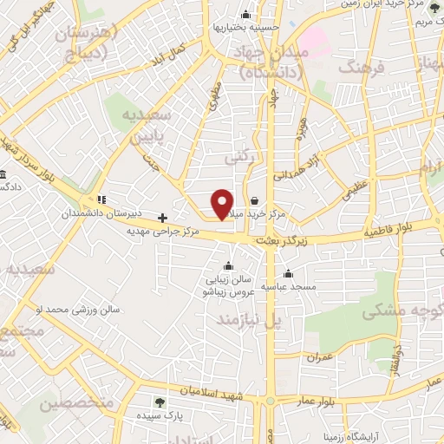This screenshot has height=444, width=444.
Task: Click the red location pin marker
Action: pyautogui.click(x=222, y=203)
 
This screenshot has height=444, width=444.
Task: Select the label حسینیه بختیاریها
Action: pyautogui.click(x=245, y=27)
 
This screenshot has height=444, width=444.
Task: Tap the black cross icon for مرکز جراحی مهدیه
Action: pyautogui.click(x=162, y=217)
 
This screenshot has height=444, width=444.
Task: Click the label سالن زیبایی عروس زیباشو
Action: pyautogui.click(x=228, y=285)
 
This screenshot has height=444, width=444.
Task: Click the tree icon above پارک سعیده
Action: pyautogui.click(x=159, y=402)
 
